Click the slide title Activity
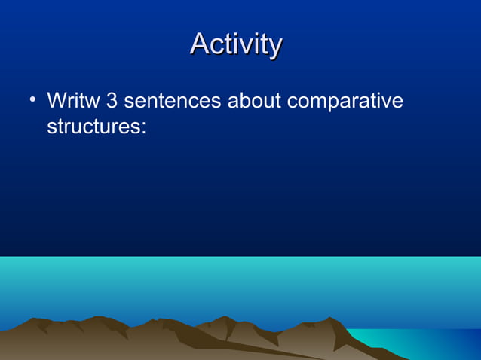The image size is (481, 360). point(236,44)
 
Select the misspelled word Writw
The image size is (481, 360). point(73,100)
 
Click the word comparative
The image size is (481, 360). point(345,102)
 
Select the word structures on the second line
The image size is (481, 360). point(93,125)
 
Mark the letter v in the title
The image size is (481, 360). point(242,46)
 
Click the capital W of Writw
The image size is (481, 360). point(57,100)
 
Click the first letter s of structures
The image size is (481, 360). point(52,127)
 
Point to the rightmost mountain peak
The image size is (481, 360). point(332,319)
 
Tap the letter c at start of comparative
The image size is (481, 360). point(293,102)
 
